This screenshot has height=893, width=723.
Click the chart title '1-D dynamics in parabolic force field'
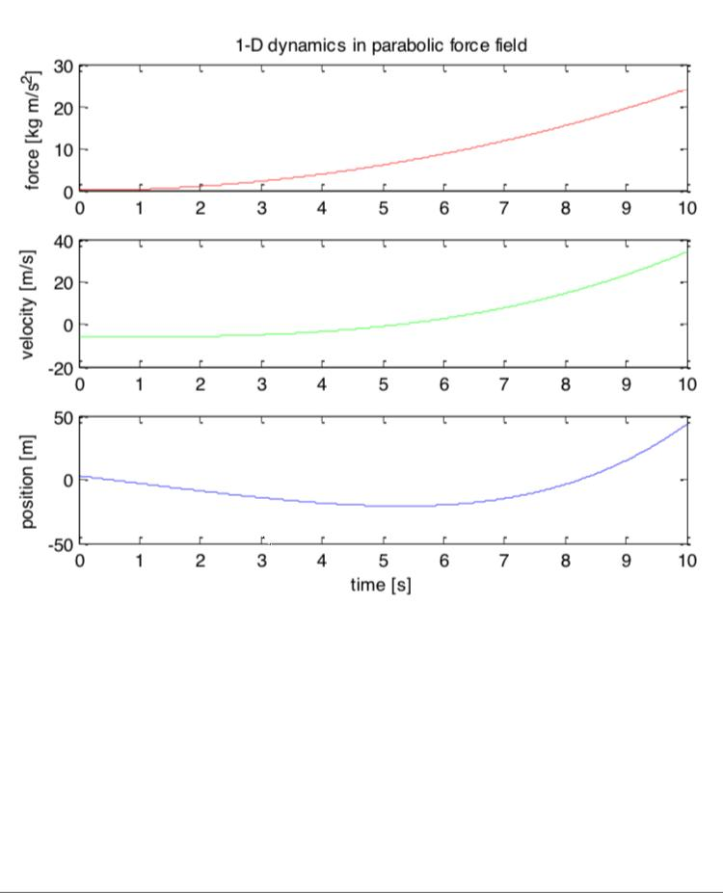[382, 45]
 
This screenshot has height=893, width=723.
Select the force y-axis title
[34, 128]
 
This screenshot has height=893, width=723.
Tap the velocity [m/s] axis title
[28, 304]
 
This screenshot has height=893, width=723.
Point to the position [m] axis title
[28, 480]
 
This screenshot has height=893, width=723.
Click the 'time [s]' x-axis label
[381, 585]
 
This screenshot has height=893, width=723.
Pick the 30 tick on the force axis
[64, 66]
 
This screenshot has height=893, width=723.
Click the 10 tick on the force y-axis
[64, 149]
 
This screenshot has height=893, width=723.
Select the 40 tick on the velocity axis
[64, 242]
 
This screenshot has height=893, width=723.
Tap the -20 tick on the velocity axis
[61, 367]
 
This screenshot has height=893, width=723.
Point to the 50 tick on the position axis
[64, 418]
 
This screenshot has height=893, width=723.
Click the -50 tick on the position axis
[61, 543]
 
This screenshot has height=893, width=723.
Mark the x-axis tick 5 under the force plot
[383, 208]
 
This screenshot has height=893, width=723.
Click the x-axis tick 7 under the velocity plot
[504, 384]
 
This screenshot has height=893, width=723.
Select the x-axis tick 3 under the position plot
[261, 561]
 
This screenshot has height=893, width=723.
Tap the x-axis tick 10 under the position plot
[685, 561]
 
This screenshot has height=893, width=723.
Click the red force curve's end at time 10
[685, 90]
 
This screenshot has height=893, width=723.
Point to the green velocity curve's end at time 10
[685, 251]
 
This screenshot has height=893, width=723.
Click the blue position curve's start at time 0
[81, 476]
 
